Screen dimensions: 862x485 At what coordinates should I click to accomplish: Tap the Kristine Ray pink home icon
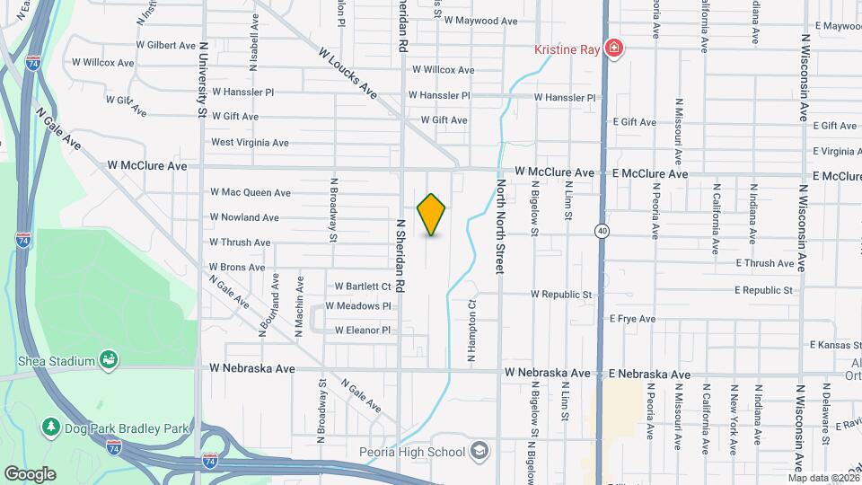point(613,48)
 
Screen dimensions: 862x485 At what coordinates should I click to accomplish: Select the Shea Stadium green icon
point(109,360)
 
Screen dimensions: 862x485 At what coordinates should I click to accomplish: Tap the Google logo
point(30,473)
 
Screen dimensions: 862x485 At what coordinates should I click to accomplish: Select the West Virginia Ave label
point(250,142)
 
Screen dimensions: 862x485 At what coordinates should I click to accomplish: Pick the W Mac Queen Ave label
point(251,192)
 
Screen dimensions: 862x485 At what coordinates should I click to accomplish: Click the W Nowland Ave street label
point(244,217)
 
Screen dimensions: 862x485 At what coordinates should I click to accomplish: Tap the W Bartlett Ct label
point(364,287)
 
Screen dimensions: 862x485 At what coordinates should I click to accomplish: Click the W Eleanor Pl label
point(362,331)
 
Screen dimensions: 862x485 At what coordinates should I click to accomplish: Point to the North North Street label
point(500,226)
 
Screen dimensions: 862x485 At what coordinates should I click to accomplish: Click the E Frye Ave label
point(632,319)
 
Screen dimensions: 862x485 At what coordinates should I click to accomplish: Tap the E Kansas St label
point(835,345)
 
